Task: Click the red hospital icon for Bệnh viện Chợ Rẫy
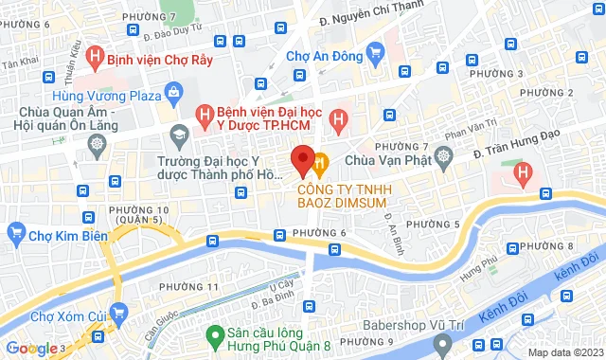94,57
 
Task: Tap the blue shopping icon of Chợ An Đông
375,53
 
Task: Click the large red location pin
303,161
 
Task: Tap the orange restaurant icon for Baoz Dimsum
320,163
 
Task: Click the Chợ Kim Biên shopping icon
15,232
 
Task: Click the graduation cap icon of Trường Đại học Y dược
179,134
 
